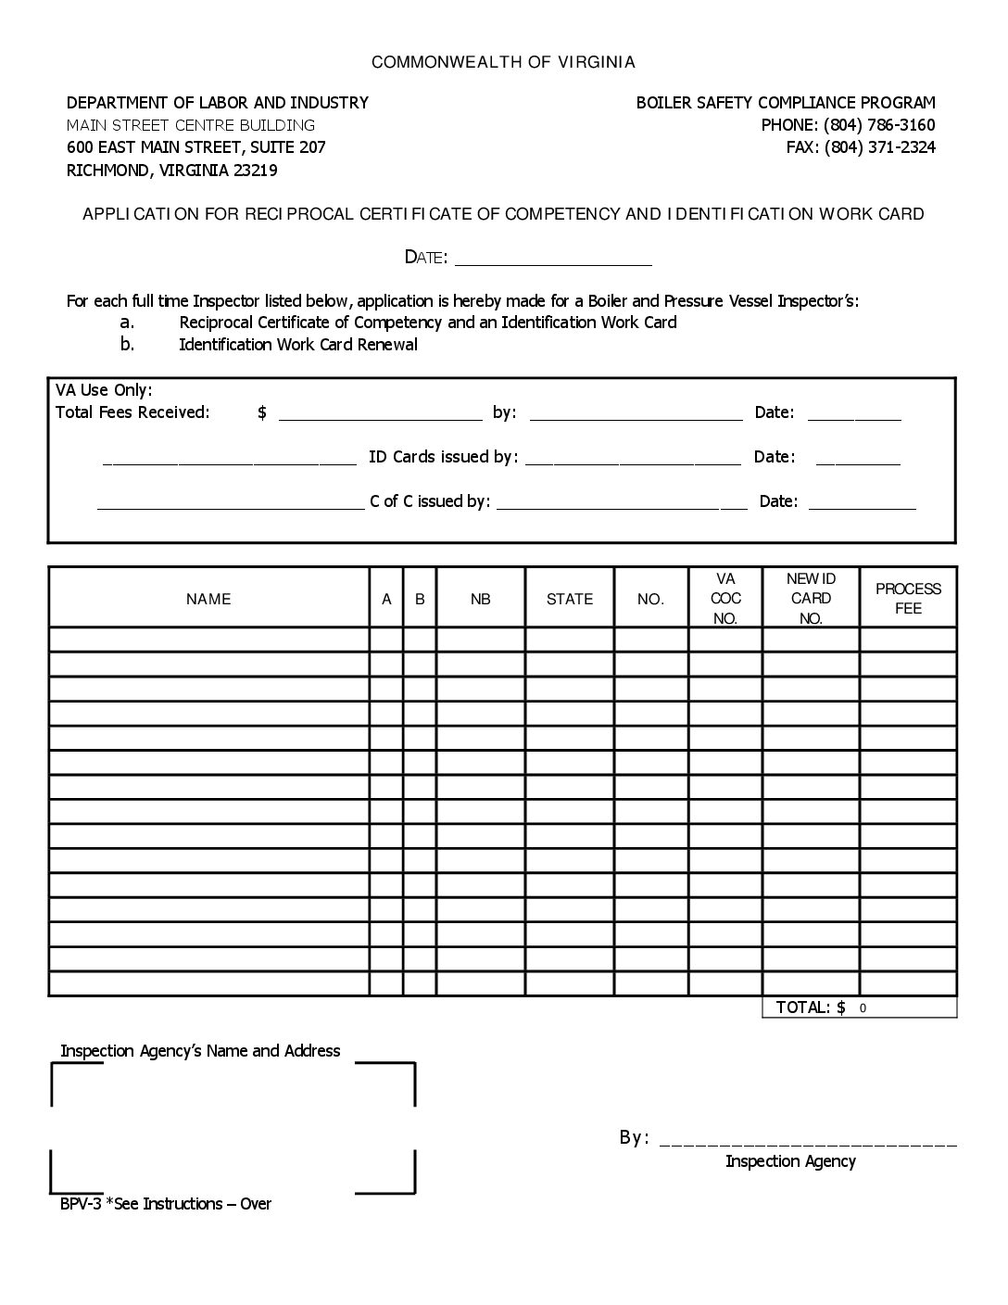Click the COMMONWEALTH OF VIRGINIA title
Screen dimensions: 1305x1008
[x=503, y=62]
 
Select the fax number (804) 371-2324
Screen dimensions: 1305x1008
[x=879, y=147]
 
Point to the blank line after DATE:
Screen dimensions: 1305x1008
[x=553, y=260]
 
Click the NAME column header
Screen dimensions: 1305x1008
[x=208, y=600]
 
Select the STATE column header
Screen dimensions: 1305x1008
[x=570, y=600]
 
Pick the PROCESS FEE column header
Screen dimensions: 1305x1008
[x=908, y=599]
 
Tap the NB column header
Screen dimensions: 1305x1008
[x=480, y=600]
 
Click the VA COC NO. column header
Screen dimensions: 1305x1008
[x=725, y=599]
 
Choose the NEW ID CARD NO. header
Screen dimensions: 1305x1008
[x=811, y=599]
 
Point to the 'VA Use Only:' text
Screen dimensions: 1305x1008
[x=104, y=390]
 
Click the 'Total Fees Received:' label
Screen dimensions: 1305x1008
[x=132, y=412]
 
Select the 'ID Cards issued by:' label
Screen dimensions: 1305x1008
[x=443, y=457]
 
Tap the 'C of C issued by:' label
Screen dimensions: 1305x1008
[x=430, y=501]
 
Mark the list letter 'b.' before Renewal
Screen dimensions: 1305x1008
[x=127, y=345]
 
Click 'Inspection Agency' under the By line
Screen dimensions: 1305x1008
[x=790, y=1161]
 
